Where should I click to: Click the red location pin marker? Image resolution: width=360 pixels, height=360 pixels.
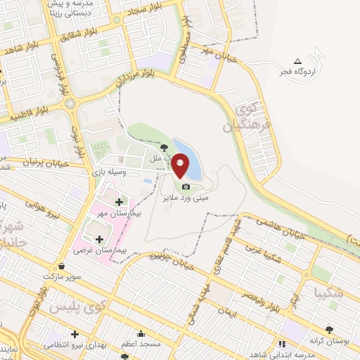point(181,166)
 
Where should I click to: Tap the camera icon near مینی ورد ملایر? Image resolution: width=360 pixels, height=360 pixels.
point(186,186)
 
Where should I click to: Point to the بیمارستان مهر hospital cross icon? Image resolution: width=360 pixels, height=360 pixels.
point(119,202)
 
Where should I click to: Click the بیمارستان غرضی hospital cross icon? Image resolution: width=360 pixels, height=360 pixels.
point(98,240)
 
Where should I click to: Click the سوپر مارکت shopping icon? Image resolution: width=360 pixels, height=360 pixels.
point(63,266)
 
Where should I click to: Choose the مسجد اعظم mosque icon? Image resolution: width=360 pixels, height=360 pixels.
point(141,334)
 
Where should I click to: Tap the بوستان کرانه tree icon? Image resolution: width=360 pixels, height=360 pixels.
point(329,329)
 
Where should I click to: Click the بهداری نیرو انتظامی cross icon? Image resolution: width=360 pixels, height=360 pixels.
point(74,334)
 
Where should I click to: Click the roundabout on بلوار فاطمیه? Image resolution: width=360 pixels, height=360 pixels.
point(70,104)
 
